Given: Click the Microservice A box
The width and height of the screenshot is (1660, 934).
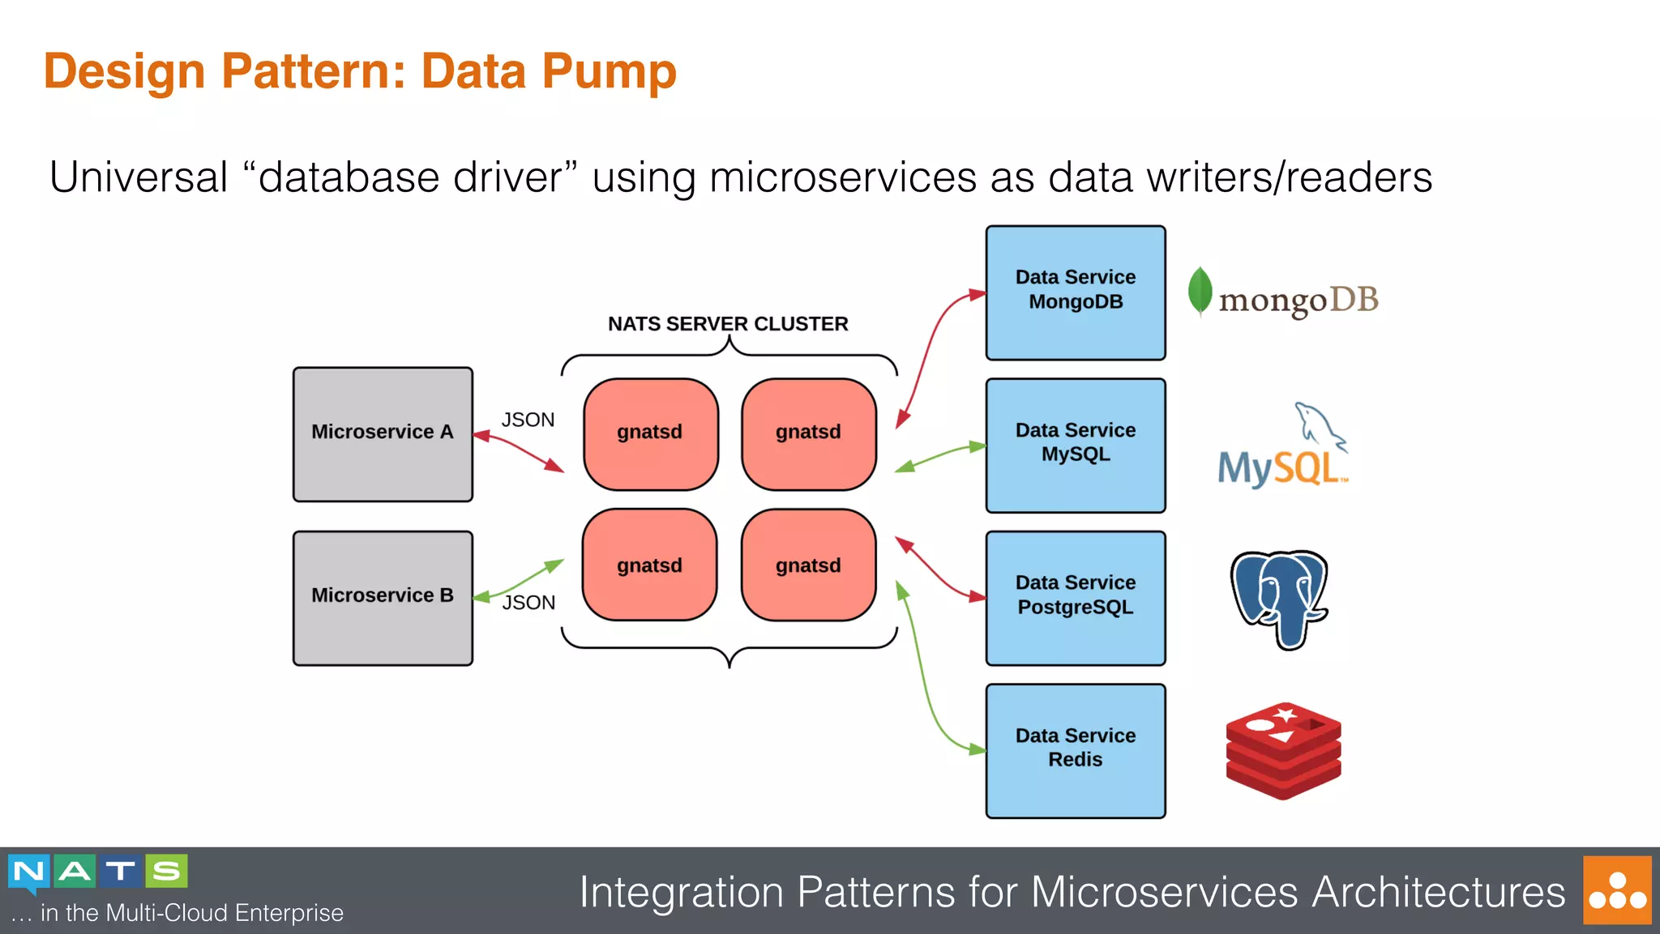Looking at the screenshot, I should click(383, 434).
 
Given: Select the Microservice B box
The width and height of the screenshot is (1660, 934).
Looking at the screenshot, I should click(383, 598).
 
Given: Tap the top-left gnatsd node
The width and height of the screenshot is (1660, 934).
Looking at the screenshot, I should click(650, 433).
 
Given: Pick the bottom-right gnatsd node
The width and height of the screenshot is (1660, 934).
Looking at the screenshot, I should click(808, 565).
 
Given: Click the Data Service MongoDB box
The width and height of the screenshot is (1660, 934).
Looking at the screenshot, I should click(1075, 292).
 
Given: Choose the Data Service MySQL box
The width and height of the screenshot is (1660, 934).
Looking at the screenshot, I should click(1075, 445).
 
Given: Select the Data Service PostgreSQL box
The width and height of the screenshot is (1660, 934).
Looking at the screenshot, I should click(1075, 598).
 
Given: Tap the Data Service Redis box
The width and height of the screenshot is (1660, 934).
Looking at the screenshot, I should click(1075, 750).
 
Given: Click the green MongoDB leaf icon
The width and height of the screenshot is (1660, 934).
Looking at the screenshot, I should click(1200, 291).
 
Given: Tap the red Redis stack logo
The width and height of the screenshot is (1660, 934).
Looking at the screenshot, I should click(1283, 750).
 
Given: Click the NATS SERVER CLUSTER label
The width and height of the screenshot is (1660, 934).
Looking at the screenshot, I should click(727, 324).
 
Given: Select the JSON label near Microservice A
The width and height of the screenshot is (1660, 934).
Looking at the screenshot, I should click(528, 420).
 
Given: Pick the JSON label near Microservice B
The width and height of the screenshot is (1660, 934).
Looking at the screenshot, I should click(528, 603).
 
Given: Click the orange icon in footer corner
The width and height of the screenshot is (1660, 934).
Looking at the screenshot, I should click(1616, 889).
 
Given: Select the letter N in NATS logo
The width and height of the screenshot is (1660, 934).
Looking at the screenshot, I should click(29, 872).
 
